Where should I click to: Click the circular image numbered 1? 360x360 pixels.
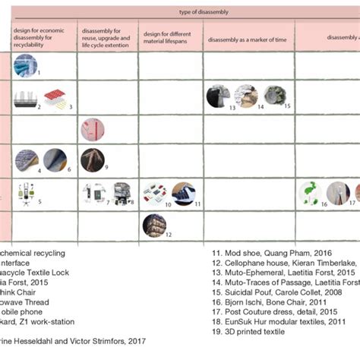pyautogui.click(x=24, y=67)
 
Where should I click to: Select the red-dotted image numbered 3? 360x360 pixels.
pyautogui.click(x=57, y=96)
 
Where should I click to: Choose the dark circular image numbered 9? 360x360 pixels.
pyautogui.click(x=92, y=160)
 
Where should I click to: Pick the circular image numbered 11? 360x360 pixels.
pyautogui.click(x=183, y=194)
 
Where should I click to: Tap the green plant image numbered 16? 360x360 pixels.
pyautogui.click(x=310, y=193)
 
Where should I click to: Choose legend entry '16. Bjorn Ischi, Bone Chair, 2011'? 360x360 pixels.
pyautogui.click(x=262, y=302)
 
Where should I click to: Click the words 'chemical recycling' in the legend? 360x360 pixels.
pyautogui.click(x=33, y=252)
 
